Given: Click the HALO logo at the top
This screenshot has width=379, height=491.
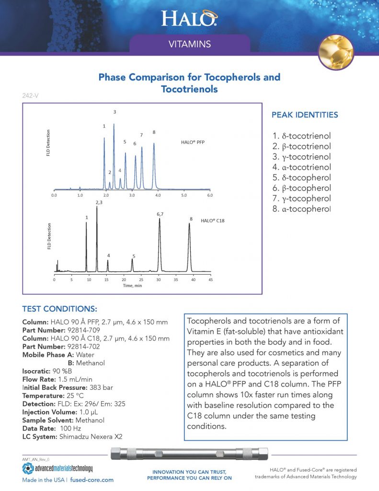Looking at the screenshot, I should click(189, 19).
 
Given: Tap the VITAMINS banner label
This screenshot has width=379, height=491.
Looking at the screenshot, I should click(190, 45).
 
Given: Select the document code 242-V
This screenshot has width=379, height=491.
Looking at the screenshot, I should click(31, 96).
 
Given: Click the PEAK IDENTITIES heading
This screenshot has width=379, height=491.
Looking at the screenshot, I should click(304, 115).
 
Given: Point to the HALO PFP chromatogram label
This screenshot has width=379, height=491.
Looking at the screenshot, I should click(193, 142).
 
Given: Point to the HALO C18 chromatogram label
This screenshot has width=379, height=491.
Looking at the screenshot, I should click(212, 221).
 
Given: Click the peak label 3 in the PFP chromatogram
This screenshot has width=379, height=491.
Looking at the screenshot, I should click(115, 112).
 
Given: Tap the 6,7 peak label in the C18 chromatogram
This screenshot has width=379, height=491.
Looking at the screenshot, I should click(160, 214).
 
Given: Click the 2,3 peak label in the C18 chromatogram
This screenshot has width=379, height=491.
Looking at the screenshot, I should click(99, 202).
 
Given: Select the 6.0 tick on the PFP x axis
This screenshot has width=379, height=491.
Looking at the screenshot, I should click(209, 196).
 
